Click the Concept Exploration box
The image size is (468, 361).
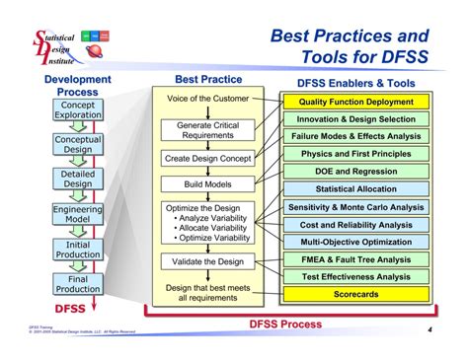coord(77,110)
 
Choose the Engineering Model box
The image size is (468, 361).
coord(77,215)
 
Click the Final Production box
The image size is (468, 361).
coord(77,284)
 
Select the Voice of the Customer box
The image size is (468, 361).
coord(207,100)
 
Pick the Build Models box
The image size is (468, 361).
coord(207,183)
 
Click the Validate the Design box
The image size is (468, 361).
coord(207,261)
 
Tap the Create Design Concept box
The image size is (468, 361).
coord(207,158)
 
